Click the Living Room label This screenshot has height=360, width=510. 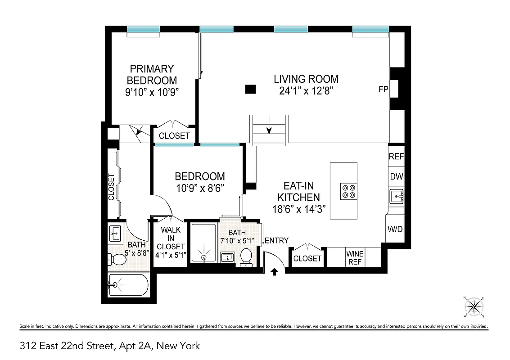pyautogui.click(x=306, y=79)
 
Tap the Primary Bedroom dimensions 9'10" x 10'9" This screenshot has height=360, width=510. pyautogui.click(x=152, y=93)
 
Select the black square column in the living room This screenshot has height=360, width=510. pyautogui.click(x=251, y=89)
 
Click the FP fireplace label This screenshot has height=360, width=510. pyautogui.click(x=383, y=90)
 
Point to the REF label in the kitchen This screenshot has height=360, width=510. pyautogui.click(x=396, y=157)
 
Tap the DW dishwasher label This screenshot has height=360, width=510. pyautogui.click(x=396, y=177)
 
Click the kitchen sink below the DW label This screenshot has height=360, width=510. pyautogui.click(x=396, y=196)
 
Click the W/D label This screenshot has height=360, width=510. pyautogui.click(x=395, y=229)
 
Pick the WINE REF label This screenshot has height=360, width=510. pyautogui.click(x=355, y=257)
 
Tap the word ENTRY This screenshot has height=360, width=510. pyautogui.click(x=276, y=241)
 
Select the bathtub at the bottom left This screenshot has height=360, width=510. pyautogui.click(x=128, y=284)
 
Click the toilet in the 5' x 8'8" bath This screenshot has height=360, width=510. pyautogui.click(x=118, y=260)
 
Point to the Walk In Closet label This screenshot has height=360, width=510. pyautogui.click(x=171, y=238)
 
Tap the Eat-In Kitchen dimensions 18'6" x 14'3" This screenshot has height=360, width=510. pyautogui.click(x=299, y=209)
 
